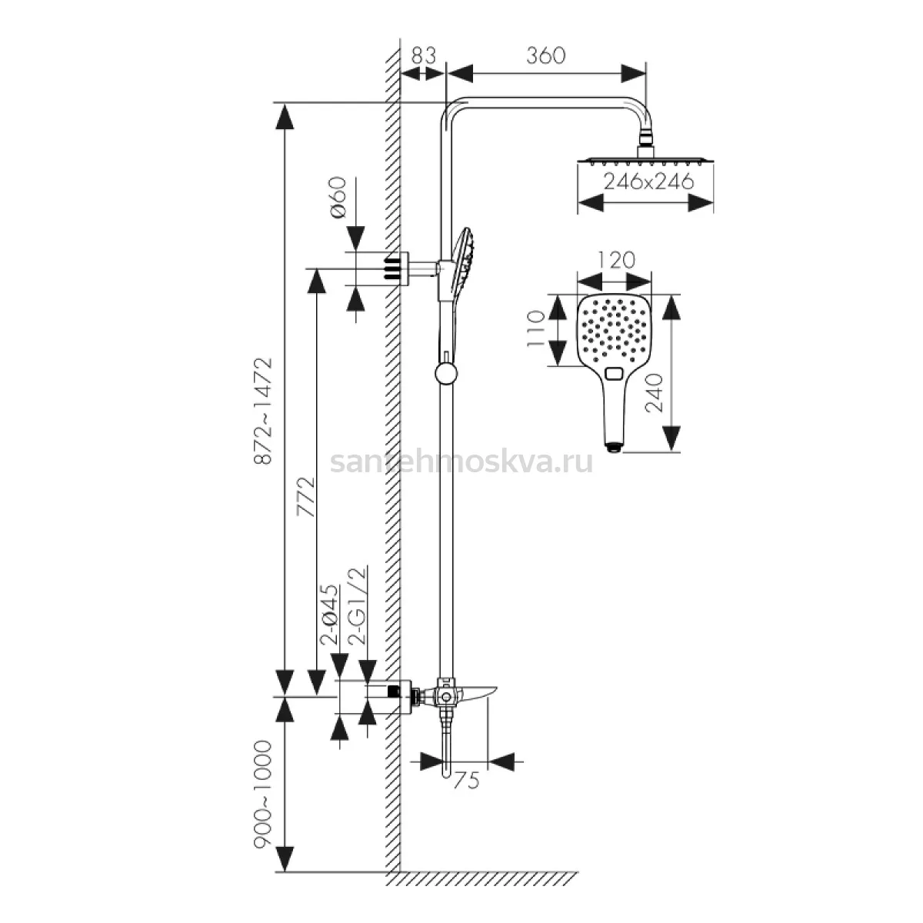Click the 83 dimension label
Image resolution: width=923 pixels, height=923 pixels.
424,55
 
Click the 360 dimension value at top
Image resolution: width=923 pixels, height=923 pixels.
546,55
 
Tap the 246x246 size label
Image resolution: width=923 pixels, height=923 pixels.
648,182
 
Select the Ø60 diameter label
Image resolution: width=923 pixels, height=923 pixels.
337,197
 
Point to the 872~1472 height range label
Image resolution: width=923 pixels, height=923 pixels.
263,412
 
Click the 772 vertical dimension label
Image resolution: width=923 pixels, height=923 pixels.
306,497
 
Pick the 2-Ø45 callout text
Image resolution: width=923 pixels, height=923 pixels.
329,615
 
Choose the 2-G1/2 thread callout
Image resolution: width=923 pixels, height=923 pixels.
358,605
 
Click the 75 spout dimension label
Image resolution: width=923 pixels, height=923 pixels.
466,781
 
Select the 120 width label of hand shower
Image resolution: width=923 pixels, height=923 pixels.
616,261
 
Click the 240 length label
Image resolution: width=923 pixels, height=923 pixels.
655,393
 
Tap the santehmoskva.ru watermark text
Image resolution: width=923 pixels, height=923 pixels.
461,463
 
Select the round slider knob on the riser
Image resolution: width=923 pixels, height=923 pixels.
446,374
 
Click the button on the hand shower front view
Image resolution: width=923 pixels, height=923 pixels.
614,373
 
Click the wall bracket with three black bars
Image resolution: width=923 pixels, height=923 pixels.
396,268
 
